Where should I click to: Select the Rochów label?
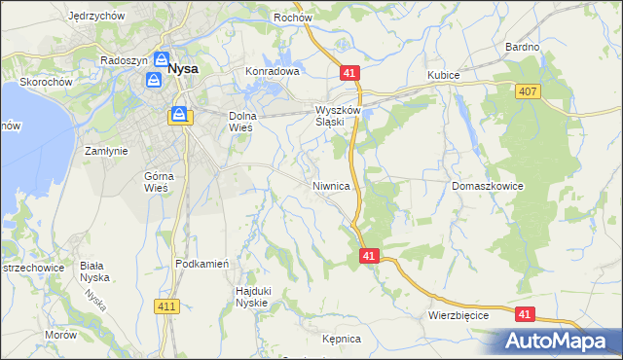coord(292,17)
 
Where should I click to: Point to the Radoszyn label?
coord(124,59)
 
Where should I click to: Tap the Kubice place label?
coord(443,75)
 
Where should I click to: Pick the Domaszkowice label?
coord(489,185)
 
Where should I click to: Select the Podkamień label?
coord(202,264)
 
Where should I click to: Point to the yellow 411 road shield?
coord(166,306)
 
